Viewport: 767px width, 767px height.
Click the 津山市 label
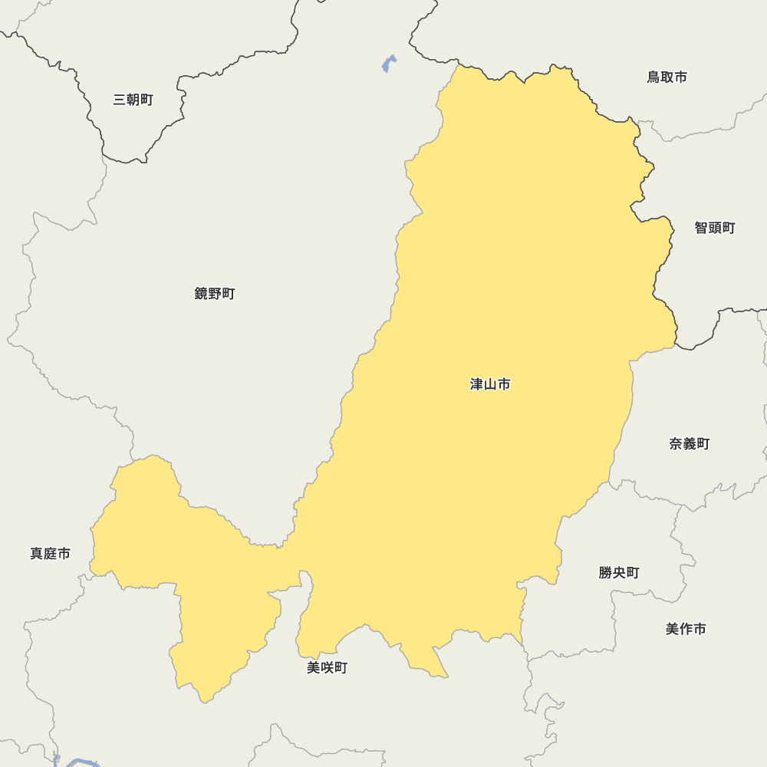pos(490,384)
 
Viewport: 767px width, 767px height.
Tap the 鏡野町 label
pos(215,294)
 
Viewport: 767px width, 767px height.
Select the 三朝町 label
pos(133,100)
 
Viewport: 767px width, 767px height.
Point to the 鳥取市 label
pos(667,77)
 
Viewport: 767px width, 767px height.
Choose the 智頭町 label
pos(715,228)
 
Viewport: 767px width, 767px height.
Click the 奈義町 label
pos(690,444)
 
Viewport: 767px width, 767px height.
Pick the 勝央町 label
pos(619,573)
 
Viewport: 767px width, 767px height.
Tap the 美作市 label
pos(686,629)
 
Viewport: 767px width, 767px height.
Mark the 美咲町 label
pos(328,668)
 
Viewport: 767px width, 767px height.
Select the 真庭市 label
pos(51,554)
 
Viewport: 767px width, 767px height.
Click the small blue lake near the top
pos(389,64)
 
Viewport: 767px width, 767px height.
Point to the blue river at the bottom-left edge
pos(81,762)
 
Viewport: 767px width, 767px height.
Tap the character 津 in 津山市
pos(477,384)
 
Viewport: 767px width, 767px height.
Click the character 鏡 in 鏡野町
pos(202,294)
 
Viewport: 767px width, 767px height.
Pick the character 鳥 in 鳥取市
pos(653,77)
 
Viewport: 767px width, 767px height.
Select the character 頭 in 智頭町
pos(715,228)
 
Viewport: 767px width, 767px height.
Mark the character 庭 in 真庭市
pos(51,554)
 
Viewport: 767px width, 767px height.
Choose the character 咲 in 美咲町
pos(328,668)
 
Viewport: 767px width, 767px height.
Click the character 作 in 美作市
pos(686,629)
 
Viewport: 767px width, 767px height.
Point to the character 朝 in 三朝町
pos(133,100)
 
